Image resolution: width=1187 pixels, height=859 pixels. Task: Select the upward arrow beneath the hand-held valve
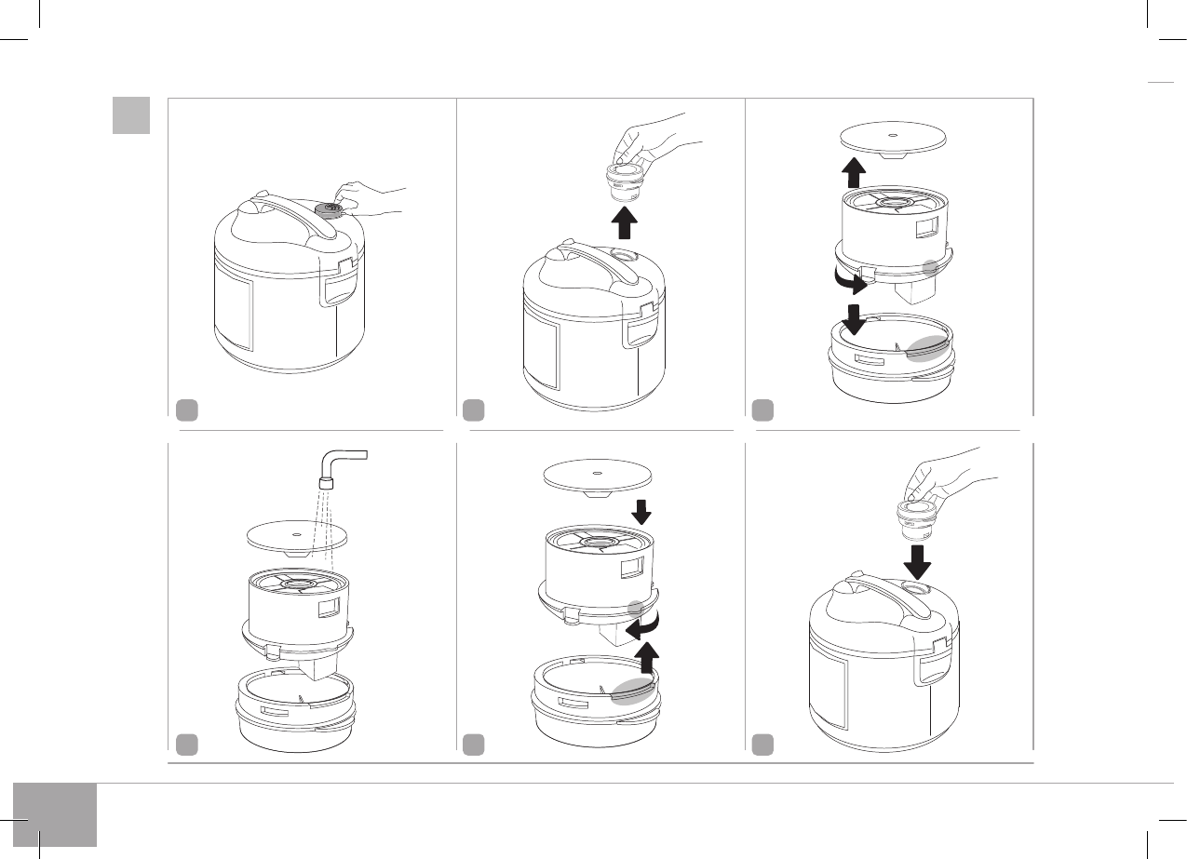pos(626,223)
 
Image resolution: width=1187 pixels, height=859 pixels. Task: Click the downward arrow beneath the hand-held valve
pos(918,561)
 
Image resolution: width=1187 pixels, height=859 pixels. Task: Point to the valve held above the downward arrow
pos(914,517)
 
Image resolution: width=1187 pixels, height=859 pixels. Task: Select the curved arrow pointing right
pos(849,279)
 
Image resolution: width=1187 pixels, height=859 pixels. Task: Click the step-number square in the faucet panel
pos(187,744)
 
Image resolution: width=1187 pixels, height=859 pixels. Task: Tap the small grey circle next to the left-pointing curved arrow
pos(636,608)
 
